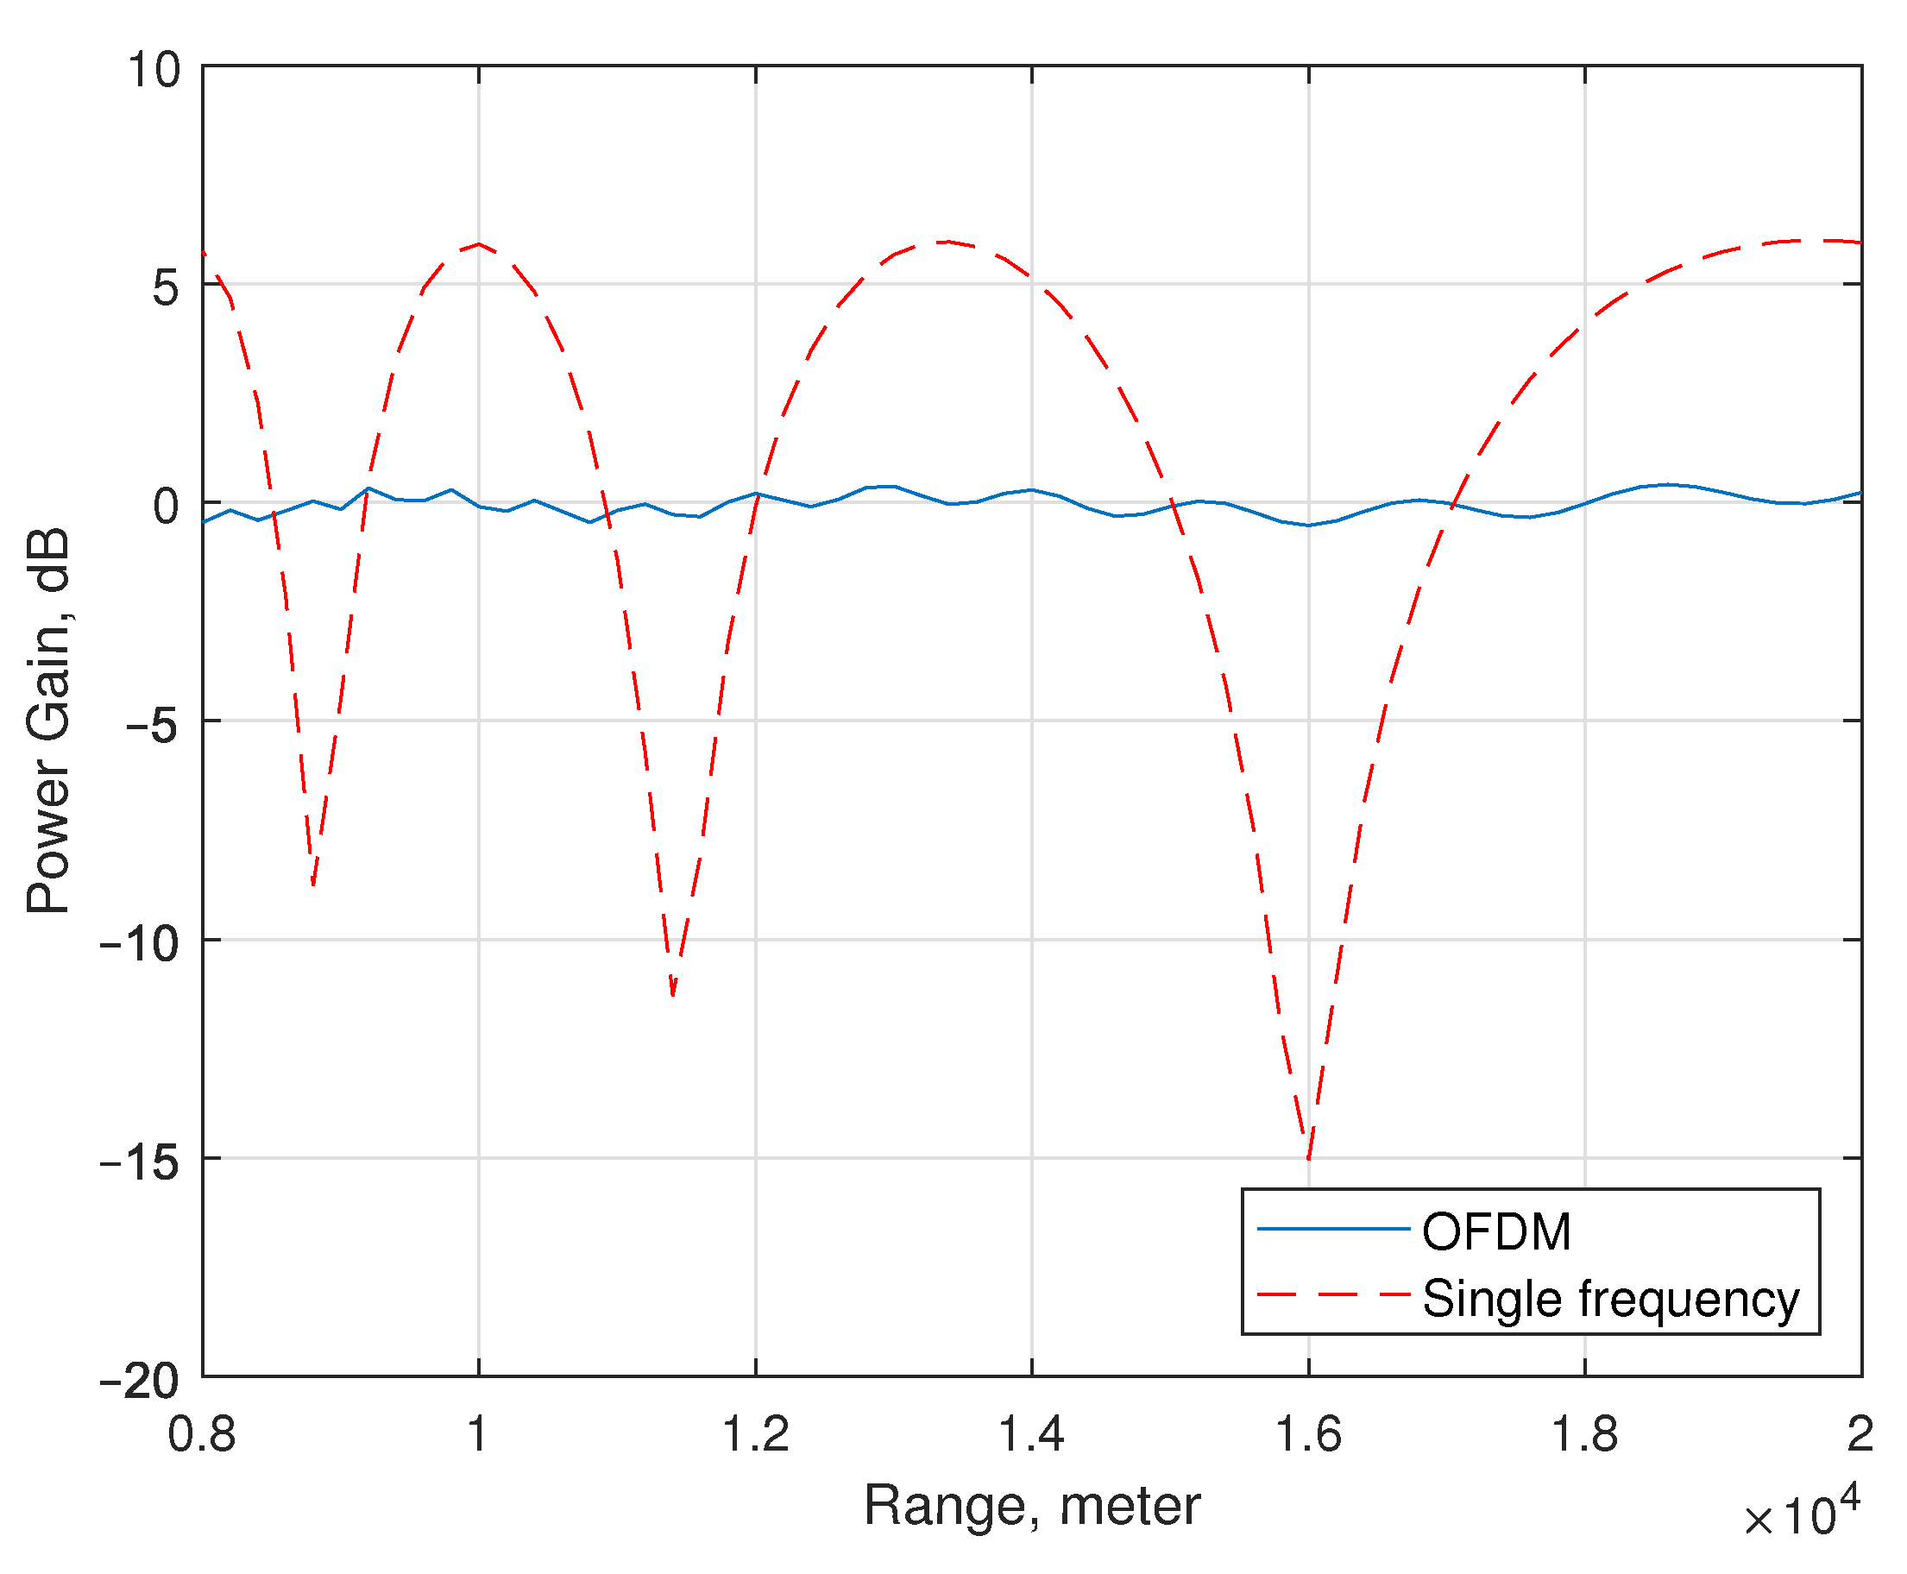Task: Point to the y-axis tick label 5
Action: [167, 289]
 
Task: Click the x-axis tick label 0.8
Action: [201, 1434]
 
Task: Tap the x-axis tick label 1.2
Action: [754, 1434]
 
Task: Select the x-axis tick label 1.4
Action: [1031, 1434]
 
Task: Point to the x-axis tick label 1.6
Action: [1307, 1434]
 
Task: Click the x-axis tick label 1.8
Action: [1584, 1434]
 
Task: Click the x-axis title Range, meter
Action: [1031, 1506]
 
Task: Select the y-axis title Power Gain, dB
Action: [48, 721]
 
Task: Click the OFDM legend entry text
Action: [1496, 1232]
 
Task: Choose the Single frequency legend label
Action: [1610, 1299]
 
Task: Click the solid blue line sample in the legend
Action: [1333, 1230]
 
